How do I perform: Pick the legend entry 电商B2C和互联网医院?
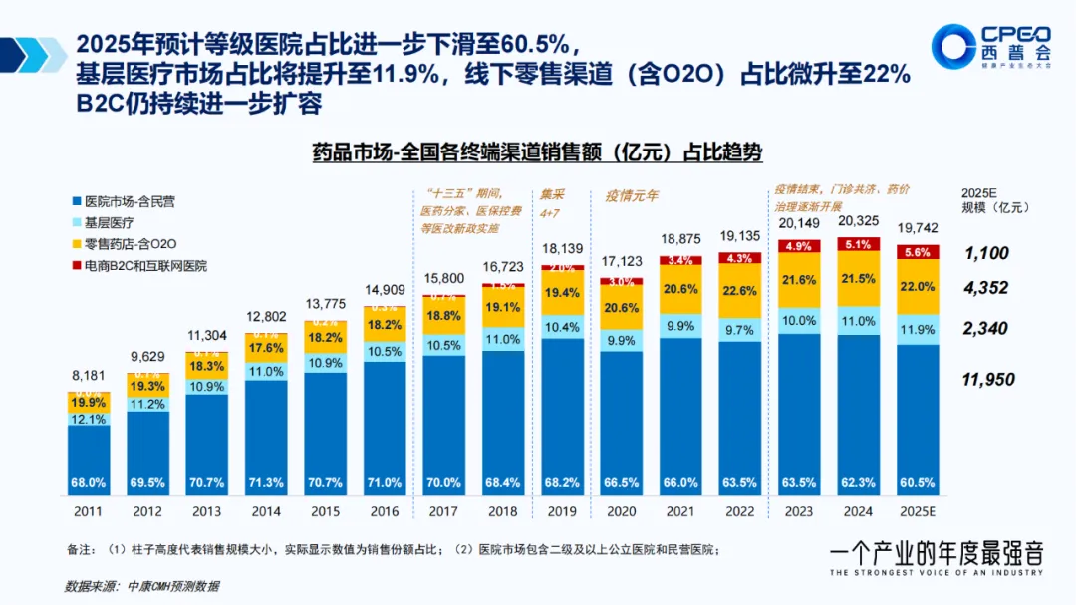[x=144, y=266]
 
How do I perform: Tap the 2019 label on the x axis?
[x=564, y=509]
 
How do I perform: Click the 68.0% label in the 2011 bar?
[x=89, y=482]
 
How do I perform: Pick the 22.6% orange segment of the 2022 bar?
[x=739, y=291]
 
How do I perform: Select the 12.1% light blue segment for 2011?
[x=89, y=420]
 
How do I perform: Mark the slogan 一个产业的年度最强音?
[x=937, y=554]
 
